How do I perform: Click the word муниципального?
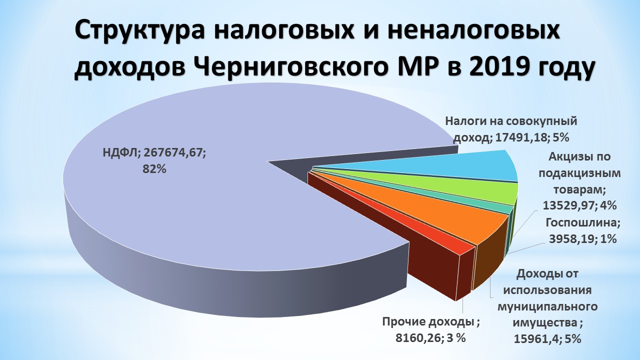click(547, 307)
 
